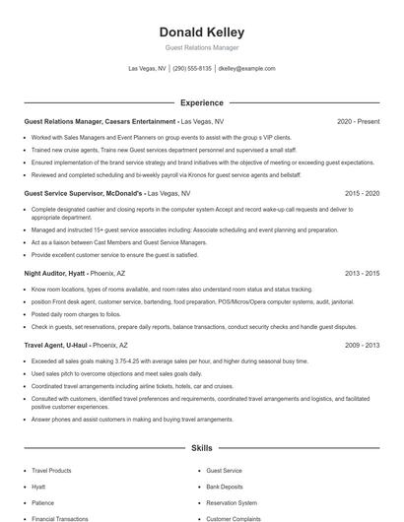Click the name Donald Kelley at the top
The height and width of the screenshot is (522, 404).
[x=202, y=32]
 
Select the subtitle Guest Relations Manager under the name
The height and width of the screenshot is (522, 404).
[x=202, y=47]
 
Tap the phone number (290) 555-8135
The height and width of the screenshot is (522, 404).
[x=192, y=69]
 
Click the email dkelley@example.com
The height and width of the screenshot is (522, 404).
[x=246, y=69]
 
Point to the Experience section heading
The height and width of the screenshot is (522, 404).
[x=202, y=102]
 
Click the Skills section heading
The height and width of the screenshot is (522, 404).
[x=202, y=448]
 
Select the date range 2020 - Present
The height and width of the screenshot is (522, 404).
[x=358, y=122]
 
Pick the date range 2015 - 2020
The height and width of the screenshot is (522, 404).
[x=362, y=194]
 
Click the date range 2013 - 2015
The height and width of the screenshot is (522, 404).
[x=362, y=274]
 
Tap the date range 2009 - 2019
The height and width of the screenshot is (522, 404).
[x=362, y=346]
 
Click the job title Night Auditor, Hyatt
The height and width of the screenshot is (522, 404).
[x=56, y=274]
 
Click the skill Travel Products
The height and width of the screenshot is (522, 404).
[x=52, y=472]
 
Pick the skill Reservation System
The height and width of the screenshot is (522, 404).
[x=232, y=502]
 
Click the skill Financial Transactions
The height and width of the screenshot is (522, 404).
[x=60, y=517]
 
